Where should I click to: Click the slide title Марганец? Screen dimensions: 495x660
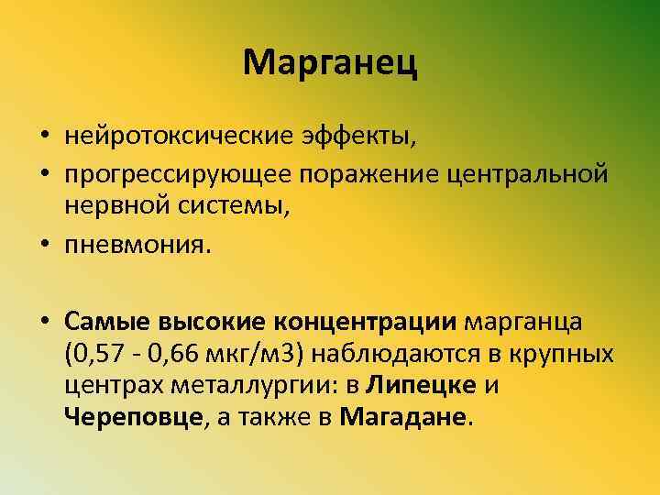331,63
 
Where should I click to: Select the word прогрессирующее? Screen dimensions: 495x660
181,173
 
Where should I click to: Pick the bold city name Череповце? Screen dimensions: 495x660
133,419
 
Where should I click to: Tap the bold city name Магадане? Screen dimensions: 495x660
402,419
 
